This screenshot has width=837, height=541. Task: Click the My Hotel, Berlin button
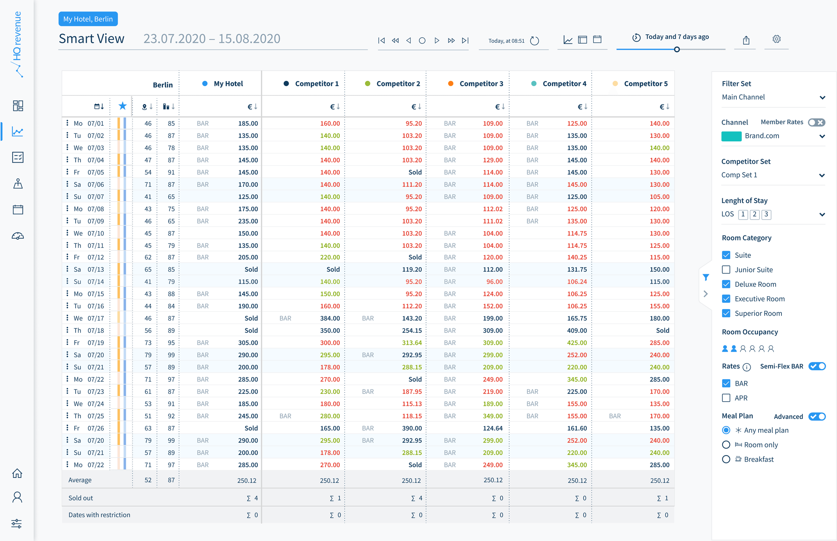coord(88,19)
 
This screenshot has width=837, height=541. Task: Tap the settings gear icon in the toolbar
coord(776,39)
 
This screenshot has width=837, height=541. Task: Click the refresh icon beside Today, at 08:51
coord(534,41)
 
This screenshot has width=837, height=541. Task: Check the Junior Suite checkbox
coord(726,270)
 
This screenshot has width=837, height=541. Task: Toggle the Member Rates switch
coord(816,122)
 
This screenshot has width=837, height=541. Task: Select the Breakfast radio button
coord(726,459)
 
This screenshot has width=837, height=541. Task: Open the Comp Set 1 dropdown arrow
coord(822,175)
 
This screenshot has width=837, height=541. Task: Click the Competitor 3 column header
coord(481,83)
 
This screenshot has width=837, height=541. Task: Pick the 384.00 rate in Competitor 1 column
coord(330,318)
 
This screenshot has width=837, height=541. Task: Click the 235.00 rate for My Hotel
coord(248,221)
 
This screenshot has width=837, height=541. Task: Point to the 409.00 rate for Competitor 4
coord(577,331)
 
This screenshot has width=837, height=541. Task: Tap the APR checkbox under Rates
coord(726,398)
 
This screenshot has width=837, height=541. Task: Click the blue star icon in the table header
coord(122,106)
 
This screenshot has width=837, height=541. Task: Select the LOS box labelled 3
coord(766,214)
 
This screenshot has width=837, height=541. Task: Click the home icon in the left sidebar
coord(17,473)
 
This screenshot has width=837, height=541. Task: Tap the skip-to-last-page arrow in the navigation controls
coord(465,41)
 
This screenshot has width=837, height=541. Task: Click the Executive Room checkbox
coord(726,299)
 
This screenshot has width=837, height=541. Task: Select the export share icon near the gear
coord(746,40)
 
